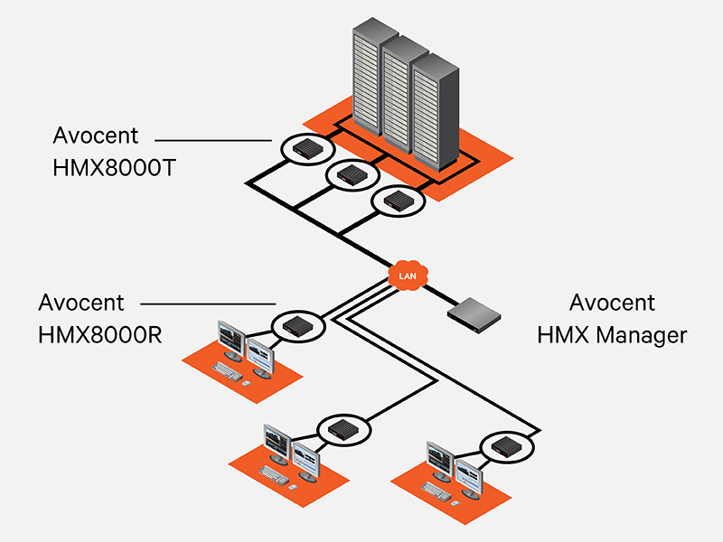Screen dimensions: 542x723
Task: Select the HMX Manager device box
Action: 474,311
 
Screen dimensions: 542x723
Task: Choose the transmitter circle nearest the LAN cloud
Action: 397,200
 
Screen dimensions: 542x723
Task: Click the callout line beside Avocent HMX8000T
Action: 212,139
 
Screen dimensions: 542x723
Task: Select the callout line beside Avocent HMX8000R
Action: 208,304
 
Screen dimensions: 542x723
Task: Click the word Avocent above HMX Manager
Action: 612,303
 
